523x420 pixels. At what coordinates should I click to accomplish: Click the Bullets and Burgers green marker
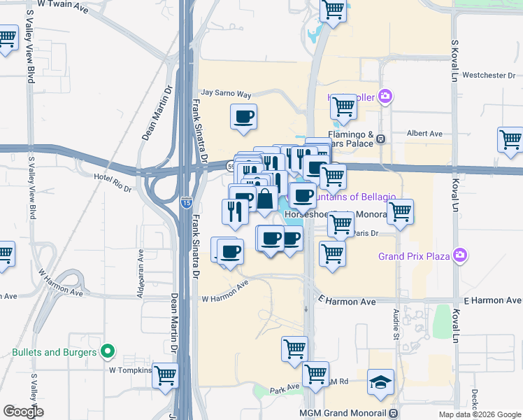coord(108,351)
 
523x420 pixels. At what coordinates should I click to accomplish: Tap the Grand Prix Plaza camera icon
coord(460,255)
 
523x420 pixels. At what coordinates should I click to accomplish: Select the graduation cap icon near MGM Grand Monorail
coord(380,382)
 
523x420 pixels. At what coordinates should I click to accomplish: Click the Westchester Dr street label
coord(489,75)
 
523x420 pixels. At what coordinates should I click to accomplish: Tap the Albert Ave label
coord(425,133)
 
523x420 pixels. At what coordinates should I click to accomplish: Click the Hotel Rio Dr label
coord(113,178)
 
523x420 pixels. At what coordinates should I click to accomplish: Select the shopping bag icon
coord(266,199)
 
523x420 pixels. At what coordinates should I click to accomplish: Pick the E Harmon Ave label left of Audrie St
coord(348,301)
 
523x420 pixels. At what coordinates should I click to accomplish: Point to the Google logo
coord(23,412)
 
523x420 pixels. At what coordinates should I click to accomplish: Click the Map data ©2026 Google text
coord(480,414)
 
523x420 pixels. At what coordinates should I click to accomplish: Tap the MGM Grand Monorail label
coord(343,413)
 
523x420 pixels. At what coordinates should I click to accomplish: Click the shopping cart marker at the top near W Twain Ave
coord(334,10)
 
